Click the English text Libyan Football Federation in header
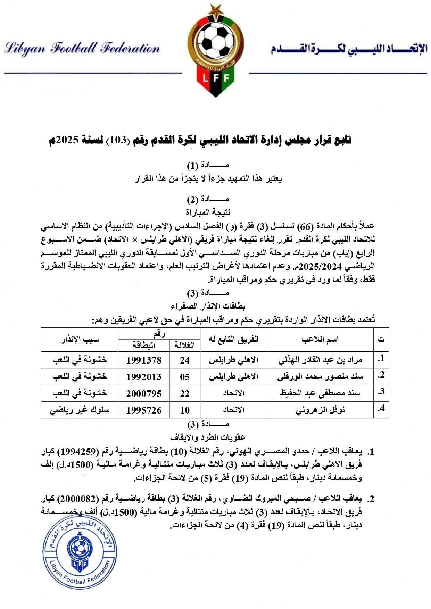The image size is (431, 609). click(x=82, y=48)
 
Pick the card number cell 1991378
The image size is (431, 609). click(x=144, y=360)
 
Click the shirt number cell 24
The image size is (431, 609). click(x=185, y=360)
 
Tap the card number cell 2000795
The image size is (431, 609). click(x=144, y=393)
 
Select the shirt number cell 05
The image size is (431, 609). click(x=185, y=377)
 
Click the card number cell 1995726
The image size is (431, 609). click(x=144, y=410)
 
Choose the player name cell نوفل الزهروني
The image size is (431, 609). click(x=320, y=410)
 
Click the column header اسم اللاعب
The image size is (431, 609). click(x=320, y=339)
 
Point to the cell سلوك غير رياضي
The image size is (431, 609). click(x=80, y=410)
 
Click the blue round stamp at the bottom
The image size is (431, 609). click(x=80, y=551)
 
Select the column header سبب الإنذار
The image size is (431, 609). click(x=80, y=339)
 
